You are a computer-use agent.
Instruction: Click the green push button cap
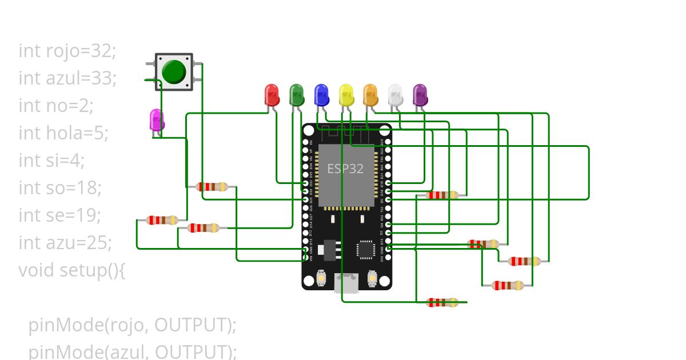(x=174, y=71)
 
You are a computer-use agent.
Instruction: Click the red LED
(x=272, y=94)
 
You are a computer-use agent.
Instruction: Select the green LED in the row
(x=296, y=94)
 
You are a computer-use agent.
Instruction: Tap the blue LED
(x=321, y=94)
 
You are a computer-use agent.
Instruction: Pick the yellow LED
(x=346, y=94)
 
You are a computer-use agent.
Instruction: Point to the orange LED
(x=370, y=94)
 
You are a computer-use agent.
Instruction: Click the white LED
(x=395, y=94)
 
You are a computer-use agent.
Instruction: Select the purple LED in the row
(x=420, y=94)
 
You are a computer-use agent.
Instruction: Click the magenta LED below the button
(x=156, y=120)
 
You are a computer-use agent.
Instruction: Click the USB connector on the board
(x=346, y=283)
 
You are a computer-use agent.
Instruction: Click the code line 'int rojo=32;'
(x=67, y=50)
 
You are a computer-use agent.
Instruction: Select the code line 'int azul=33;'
(x=67, y=78)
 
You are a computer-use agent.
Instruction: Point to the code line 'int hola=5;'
(x=63, y=133)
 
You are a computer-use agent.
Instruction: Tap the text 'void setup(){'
(x=71, y=270)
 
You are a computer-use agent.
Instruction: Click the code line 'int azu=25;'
(x=65, y=243)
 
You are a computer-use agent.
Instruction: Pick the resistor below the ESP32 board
(x=442, y=302)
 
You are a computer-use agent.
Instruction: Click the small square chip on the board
(x=365, y=250)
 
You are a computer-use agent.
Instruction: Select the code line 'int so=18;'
(x=60, y=187)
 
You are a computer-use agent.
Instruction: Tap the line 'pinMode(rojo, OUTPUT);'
(x=132, y=325)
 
